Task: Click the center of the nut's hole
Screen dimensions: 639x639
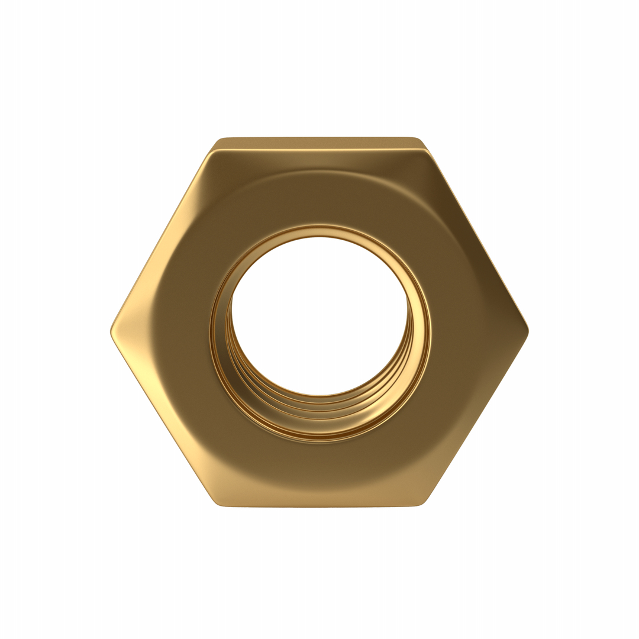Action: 319,317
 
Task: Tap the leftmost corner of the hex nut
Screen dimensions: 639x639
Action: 111,331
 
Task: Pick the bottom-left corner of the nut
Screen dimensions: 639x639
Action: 217,503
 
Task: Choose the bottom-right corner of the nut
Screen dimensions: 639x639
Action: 422,503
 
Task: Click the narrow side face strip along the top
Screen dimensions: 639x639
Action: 319,143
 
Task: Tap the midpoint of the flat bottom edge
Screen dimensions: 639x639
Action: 319,506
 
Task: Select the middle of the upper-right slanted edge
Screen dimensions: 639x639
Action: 477,237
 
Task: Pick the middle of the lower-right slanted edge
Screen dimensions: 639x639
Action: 477,417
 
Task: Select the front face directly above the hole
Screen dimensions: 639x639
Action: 319,195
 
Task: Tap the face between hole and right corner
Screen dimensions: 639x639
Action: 473,331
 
